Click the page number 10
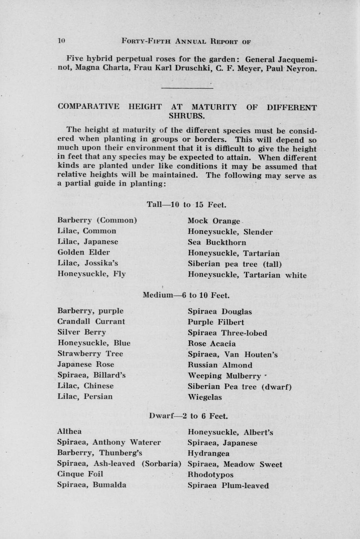pyautogui.click(x=61, y=40)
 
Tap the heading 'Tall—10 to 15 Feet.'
pyautogui.click(x=187, y=204)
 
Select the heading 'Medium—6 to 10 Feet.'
pyautogui.click(x=186, y=295)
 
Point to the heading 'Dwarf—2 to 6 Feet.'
pyautogui.click(x=188, y=416)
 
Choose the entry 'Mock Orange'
pyautogui.click(x=213, y=221)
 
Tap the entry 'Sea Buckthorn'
pyautogui.click(x=217, y=242)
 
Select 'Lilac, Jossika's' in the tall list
pyautogui.click(x=88, y=263)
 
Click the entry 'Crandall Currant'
pyautogui.click(x=91, y=321)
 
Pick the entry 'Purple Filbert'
pyautogui.click(x=216, y=322)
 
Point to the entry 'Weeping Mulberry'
pyautogui.click(x=224, y=376)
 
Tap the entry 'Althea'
pyautogui.click(x=69, y=432)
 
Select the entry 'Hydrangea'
pyautogui.click(x=208, y=453)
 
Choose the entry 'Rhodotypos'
pyautogui.click(x=210, y=475)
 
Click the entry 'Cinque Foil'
pyautogui.click(x=80, y=474)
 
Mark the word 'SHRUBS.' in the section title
pyautogui.click(x=187, y=116)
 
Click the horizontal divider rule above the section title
pyautogui.click(x=187, y=88)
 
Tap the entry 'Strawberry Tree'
pyautogui.click(x=90, y=353)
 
